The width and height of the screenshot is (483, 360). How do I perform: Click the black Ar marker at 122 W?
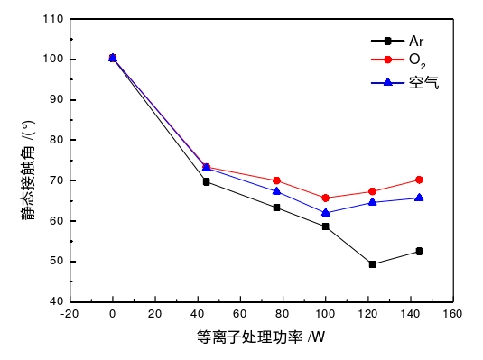[372, 264]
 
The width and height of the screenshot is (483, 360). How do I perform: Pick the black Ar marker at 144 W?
[419, 251]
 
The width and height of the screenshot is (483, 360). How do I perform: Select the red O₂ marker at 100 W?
[325, 198]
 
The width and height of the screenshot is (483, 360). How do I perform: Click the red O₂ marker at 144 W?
[419, 180]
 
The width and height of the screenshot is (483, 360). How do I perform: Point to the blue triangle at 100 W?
[325, 213]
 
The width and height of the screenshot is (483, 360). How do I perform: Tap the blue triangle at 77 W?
[276, 190]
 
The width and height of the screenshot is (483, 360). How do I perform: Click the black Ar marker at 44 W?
[206, 181]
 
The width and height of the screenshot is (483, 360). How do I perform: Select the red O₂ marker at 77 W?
[276, 180]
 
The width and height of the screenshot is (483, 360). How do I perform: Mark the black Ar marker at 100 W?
[325, 226]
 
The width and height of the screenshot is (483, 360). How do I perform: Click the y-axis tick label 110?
[53, 19]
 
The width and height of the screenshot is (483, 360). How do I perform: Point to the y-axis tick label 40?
[56, 301]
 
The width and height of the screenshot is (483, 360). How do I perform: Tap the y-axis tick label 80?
[56, 140]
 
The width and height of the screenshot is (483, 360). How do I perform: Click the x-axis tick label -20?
[70, 315]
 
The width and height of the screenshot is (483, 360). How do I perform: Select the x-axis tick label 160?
[452, 315]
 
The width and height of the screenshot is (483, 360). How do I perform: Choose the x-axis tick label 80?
[283, 315]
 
